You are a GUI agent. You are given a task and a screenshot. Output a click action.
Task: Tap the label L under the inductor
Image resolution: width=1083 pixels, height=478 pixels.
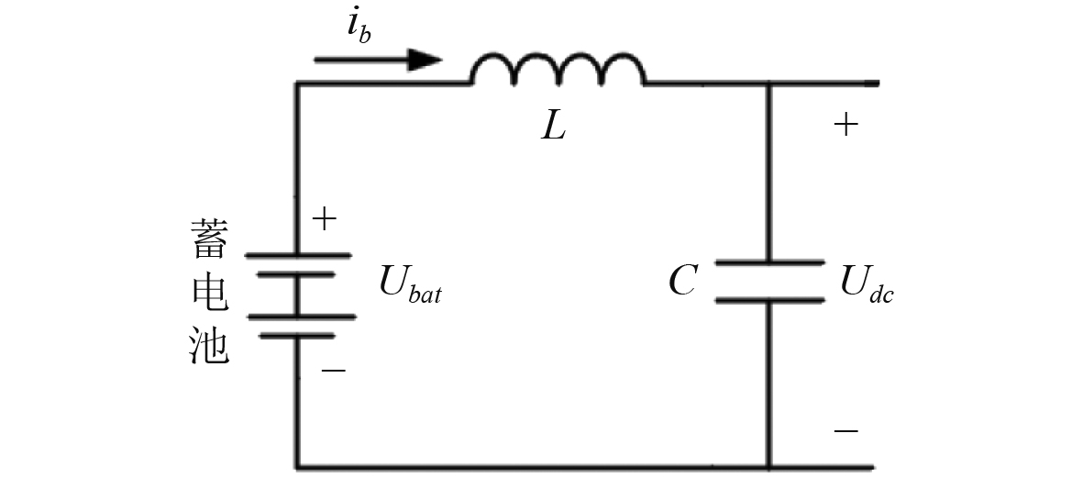pyautogui.click(x=554, y=126)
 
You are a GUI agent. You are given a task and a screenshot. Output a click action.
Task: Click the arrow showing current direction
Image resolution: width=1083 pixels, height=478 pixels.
pyautogui.click(x=377, y=61)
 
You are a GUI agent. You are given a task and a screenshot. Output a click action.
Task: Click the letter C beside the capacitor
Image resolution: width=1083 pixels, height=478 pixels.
pyautogui.click(x=682, y=281)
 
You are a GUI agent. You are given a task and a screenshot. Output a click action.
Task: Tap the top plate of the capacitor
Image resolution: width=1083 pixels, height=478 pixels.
pyautogui.click(x=769, y=263)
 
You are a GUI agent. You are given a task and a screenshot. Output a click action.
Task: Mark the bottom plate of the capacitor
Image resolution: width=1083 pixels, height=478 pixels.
pyautogui.click(x=769, y=299)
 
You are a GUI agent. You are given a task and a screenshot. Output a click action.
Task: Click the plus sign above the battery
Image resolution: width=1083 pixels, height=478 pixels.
pyautogui.click(x=325, y=219)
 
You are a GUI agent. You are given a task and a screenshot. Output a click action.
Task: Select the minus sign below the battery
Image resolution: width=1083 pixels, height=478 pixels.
pyautogui.click(x=334, y=371)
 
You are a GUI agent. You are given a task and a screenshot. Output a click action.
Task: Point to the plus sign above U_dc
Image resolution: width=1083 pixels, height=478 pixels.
pyautogui.click(x=845, y=125)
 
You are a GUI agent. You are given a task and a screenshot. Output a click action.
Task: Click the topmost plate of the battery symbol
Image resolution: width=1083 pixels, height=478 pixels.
pyautogui.click(x=296, y=254)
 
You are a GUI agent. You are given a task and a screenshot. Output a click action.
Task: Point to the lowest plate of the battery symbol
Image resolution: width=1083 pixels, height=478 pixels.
pyautogui.click(x=296, y=335)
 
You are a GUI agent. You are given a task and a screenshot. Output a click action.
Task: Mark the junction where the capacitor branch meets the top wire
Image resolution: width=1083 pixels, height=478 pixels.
pyautogui.click(x=769, y=83)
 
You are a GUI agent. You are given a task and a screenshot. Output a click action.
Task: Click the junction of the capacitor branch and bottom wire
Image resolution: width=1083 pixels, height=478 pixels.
pyautogui.click(x=769, y=466)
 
